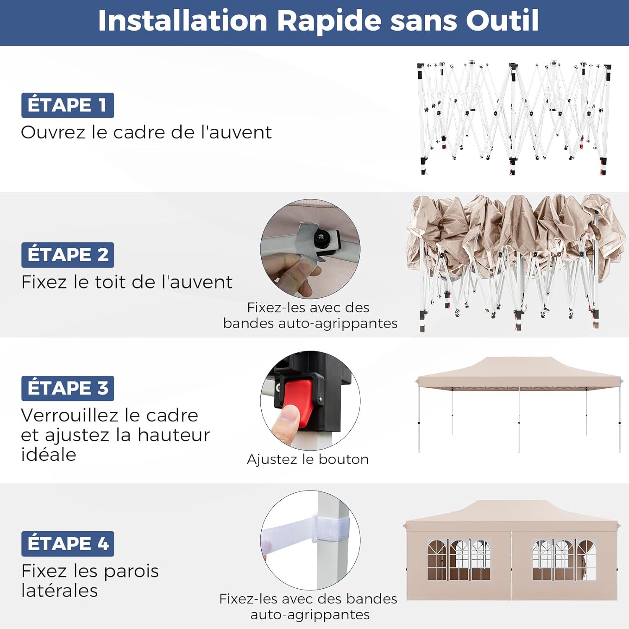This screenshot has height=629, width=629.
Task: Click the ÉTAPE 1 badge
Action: pos(68,105)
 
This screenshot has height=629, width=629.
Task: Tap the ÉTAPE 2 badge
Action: pos(68,255)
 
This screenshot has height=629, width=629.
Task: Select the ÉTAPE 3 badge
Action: pos(68,388)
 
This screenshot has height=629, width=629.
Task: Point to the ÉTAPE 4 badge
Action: pos(68,544)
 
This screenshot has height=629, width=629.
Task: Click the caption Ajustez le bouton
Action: pos(308,460)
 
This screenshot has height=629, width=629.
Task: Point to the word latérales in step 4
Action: pos(60,590)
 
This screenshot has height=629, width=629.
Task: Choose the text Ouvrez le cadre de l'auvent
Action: pos(146,133)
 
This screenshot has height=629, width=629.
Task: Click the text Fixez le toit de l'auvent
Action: pos(127,282)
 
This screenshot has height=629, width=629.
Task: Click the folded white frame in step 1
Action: pos(514,118)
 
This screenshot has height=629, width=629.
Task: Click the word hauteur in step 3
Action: pos(174,435)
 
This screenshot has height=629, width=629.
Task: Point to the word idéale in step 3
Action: pos(49,455)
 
